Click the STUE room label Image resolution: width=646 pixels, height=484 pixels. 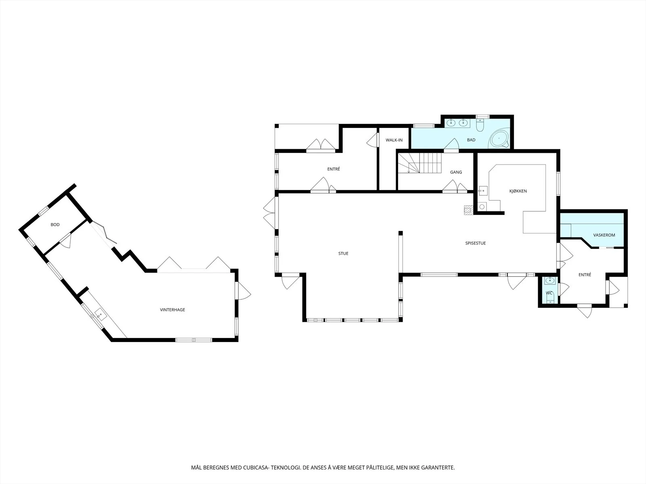click(x=343, y=253)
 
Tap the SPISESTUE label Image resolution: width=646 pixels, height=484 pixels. click(x=475, y=243)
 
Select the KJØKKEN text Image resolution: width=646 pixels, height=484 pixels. click(x=518, y=191)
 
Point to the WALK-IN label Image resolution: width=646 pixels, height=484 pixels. click(x=394, y=140)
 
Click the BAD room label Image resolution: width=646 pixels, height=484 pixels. click(x=471, y=140)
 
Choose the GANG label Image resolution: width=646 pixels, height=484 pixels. click(x=456, y=172)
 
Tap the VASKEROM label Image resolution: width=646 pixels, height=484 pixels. click(x=604, y=235)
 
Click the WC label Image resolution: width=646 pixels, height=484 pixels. click(x=549, y=293)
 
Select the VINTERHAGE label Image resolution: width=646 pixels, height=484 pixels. click(x=172, y=310)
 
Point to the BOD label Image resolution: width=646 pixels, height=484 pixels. click(x=55, y=225)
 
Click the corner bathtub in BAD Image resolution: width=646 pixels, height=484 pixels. click(x=499, y=138)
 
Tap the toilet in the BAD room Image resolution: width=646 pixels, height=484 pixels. click(x=480, y=125)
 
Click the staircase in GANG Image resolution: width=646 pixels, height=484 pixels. click(x=420, y=163)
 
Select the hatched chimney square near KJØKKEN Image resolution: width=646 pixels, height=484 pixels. click(x=469, y=210)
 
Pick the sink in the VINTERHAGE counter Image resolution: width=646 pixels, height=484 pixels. click(x=101, y=315)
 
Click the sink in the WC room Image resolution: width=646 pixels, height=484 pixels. click(x=550, y=281)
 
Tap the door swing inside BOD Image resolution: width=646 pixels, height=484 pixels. click(x=67, y=241)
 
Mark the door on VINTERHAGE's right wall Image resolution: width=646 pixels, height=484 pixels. click(x=243, y=291)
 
